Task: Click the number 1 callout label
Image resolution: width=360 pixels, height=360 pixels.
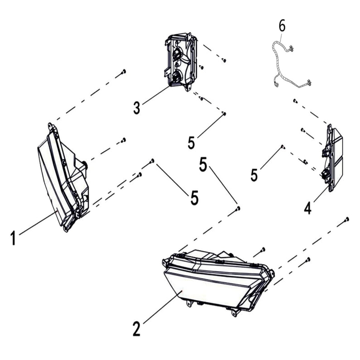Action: [x=14, y=238]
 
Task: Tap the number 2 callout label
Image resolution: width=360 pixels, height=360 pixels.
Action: [x=137, y=329]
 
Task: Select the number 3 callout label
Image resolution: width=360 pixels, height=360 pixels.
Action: [x=137, y=108]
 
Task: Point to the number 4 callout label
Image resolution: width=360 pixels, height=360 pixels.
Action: [x=307, y=208]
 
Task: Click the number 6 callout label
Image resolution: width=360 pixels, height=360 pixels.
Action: [x=282, y=26]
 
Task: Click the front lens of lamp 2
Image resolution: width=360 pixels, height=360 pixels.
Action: [x=204, y=290]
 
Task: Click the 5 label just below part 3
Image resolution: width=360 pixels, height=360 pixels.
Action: [x=192, y=142]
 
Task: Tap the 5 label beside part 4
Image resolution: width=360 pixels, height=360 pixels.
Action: [x=254, y=175]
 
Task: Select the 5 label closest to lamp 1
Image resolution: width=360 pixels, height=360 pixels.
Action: [x=194, y=197]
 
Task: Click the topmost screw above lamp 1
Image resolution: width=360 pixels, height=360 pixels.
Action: [x=124, y=71]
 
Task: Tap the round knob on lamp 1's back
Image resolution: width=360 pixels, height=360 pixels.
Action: [x=85, y=163]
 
